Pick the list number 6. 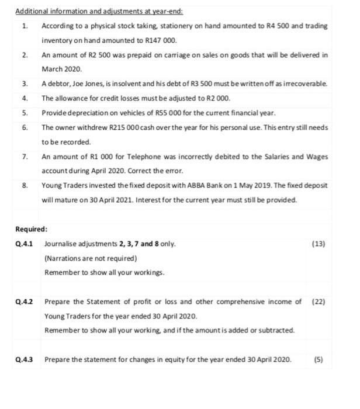25,127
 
